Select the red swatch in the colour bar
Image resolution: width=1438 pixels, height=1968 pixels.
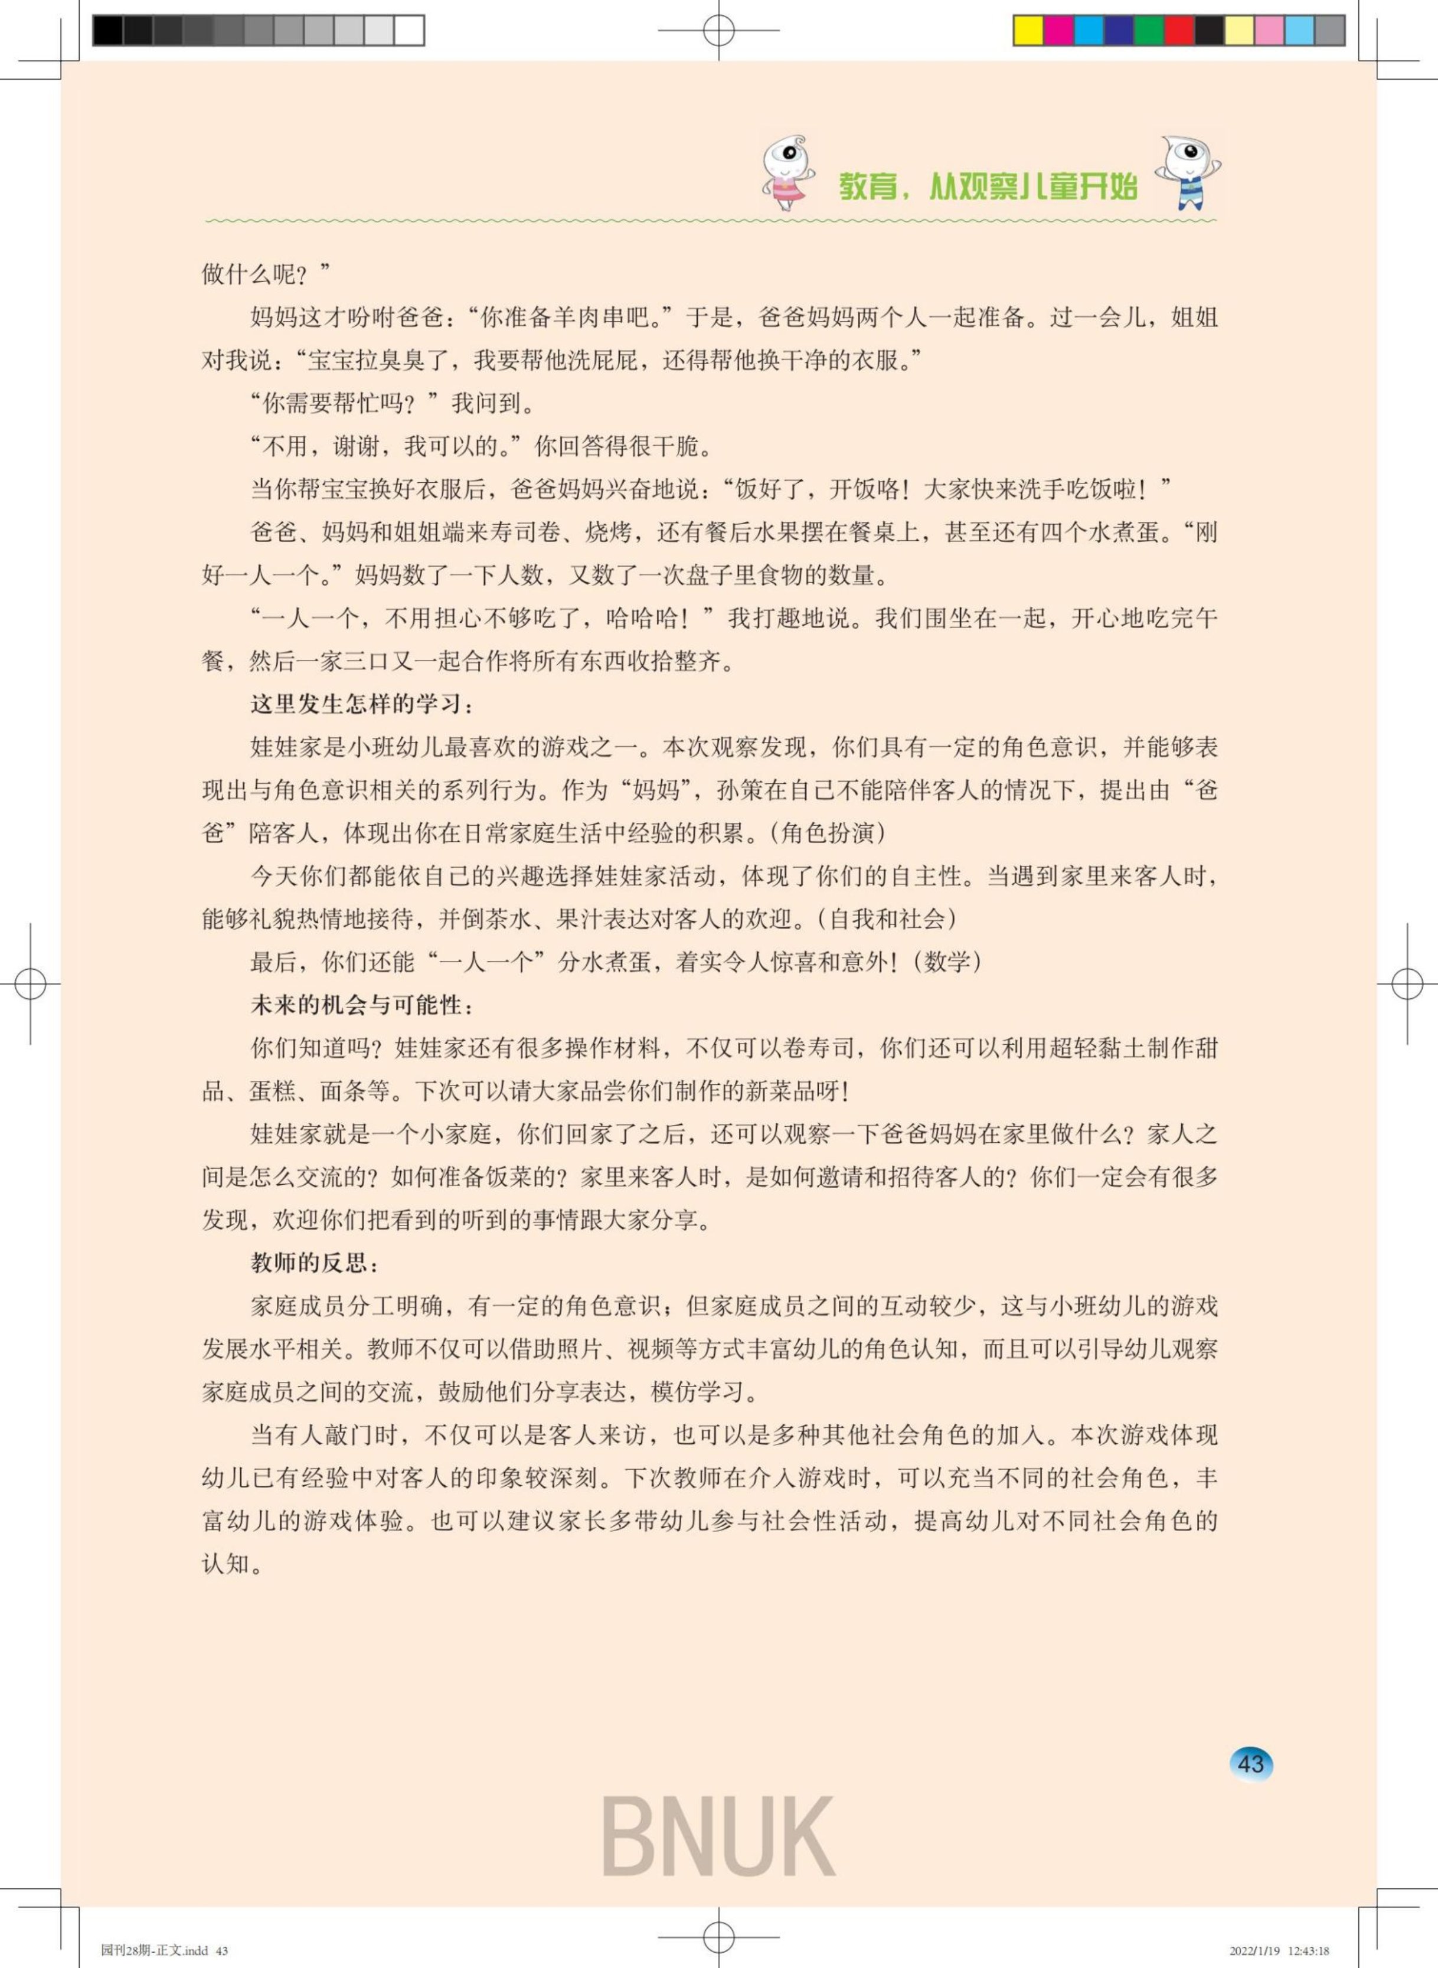pos(1179,31)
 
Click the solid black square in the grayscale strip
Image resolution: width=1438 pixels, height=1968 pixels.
pos(108,31)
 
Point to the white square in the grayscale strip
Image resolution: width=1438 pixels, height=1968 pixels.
pos(409,31)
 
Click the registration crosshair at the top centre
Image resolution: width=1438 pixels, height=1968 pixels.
pos(719,31)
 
